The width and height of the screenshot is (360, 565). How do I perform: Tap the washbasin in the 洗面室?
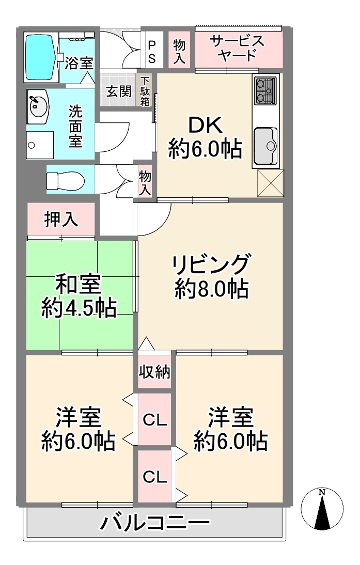pos(38,107)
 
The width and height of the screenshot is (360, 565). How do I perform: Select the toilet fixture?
pos(65,179)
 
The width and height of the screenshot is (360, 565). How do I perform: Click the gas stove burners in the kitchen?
pos(265,90)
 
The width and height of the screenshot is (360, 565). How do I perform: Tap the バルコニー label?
pos(155,523)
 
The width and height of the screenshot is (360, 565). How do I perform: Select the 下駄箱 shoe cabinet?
pos(145,90)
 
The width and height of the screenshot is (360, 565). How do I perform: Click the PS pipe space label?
pos(152,52)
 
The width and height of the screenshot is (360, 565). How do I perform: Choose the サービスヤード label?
pos(238,48)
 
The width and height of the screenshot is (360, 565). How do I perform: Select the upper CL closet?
pos(154,419)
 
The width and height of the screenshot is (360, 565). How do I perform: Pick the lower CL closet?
pos(154,476)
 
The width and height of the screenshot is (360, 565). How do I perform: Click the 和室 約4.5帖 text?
pos(79,296)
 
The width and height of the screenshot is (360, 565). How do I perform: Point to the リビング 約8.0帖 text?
pos(211,276)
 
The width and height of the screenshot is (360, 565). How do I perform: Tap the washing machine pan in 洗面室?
pos(40,145)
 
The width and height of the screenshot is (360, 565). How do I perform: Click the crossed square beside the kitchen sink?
pos(270,183)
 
